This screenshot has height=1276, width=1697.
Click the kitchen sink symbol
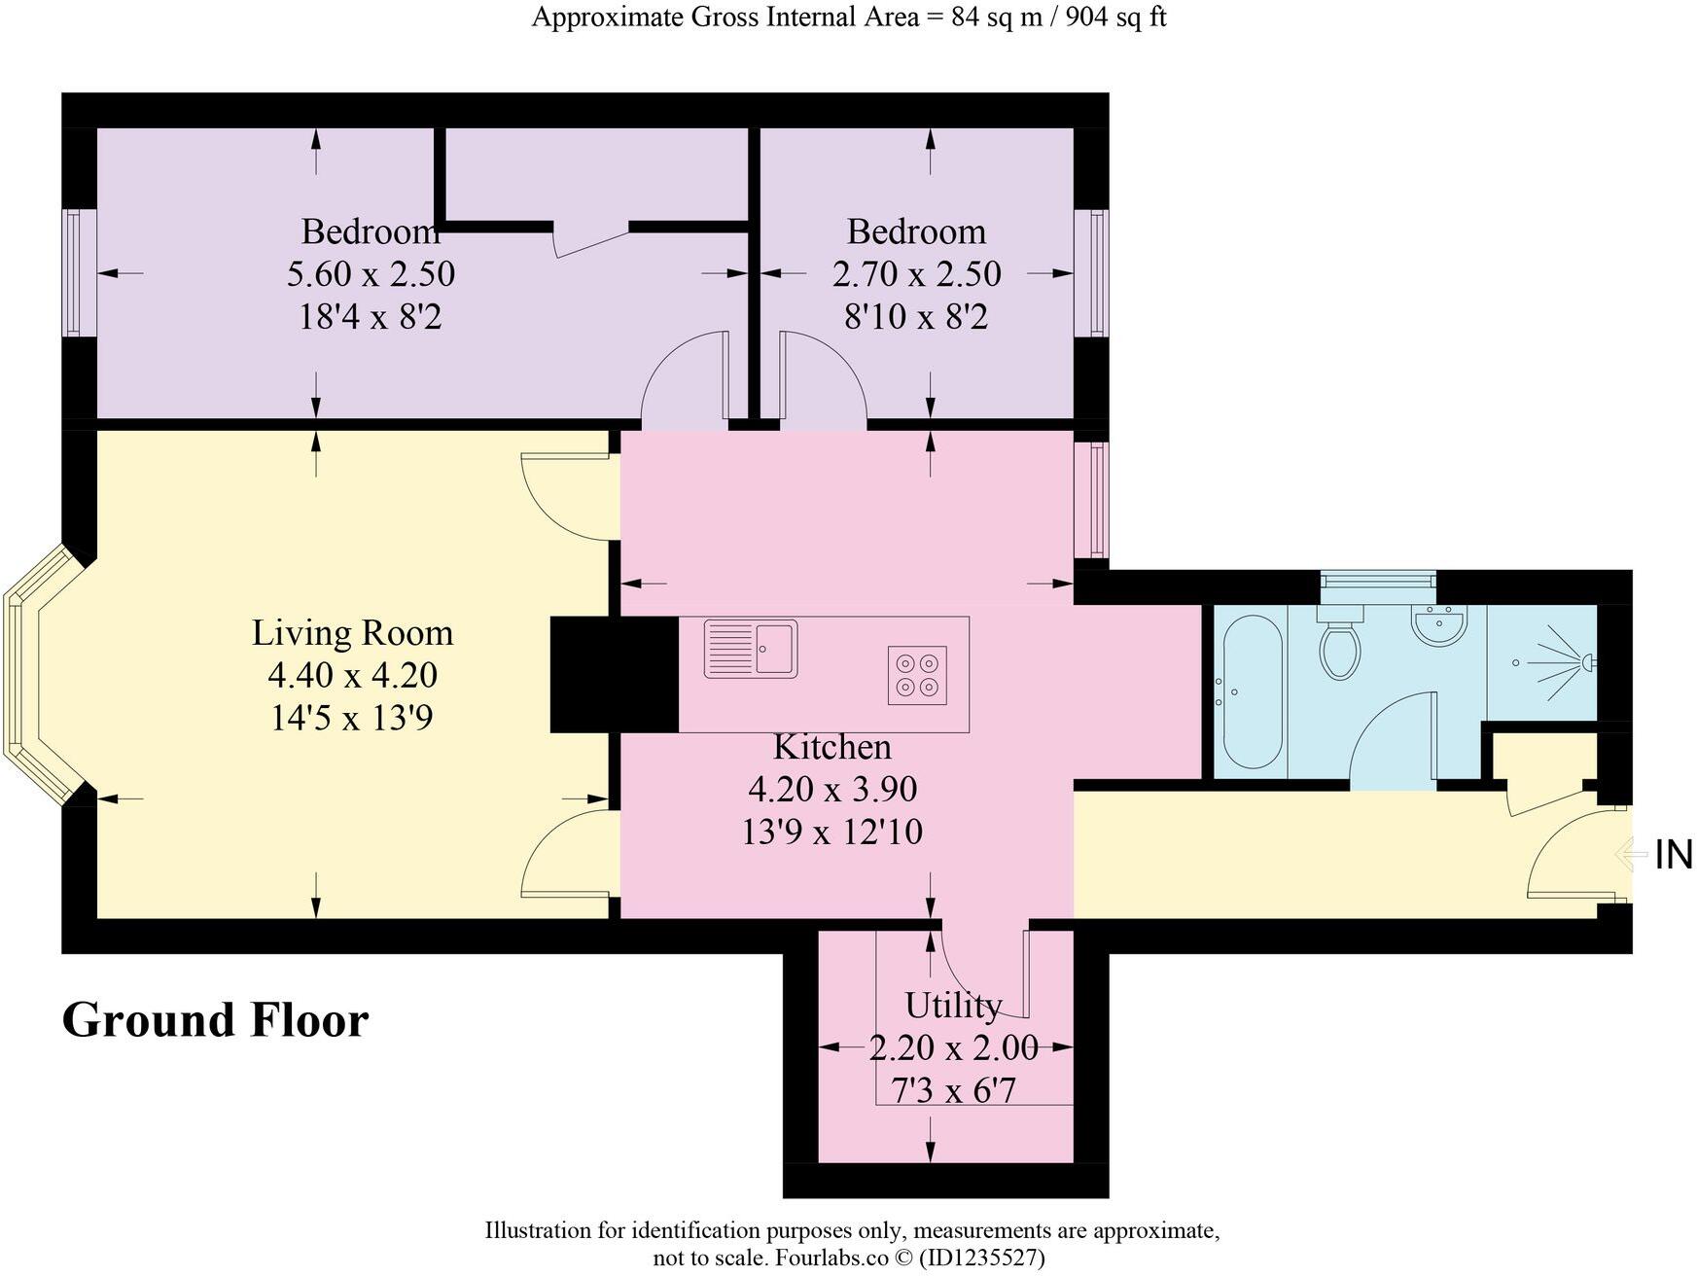[x=750, y=649]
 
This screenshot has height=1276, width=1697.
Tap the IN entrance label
[x=1674, y=855]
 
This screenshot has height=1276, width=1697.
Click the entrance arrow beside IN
[x=1632, y=855]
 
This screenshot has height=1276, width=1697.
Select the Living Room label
[x=352, y=633]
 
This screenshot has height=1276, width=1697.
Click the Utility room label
[x=953, y=1005]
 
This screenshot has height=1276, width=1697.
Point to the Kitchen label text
[x=831, y=747]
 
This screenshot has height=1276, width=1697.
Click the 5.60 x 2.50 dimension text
[x=371, y=274]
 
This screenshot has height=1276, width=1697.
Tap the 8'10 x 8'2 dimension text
[x=916, y=317]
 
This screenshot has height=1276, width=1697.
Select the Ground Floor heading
[x=215, y=1020]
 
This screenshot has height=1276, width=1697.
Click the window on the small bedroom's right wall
[x=1098, y=273]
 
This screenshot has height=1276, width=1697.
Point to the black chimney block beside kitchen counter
[x=614, y=674]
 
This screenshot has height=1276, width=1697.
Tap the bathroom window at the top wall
[x=1378, y=580]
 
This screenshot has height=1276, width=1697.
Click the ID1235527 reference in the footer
[x=982, y=1258]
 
